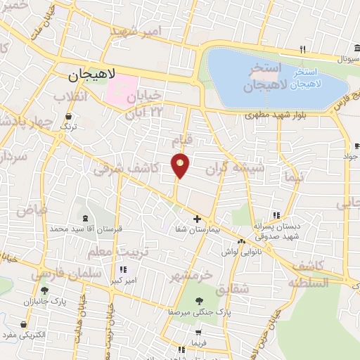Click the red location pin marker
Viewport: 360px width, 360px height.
[180, 164]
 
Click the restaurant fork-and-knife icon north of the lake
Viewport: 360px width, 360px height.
[302, 49]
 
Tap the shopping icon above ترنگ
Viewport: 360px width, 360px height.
[69, 117]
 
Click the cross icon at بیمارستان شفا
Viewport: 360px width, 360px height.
[197, 219]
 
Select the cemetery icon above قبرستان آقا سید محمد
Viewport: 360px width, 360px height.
[85, 219]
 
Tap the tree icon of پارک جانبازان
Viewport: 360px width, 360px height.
[44, 290]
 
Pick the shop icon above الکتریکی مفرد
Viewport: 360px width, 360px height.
[25, 325]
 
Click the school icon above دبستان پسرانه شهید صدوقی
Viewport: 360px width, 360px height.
[276, 215]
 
